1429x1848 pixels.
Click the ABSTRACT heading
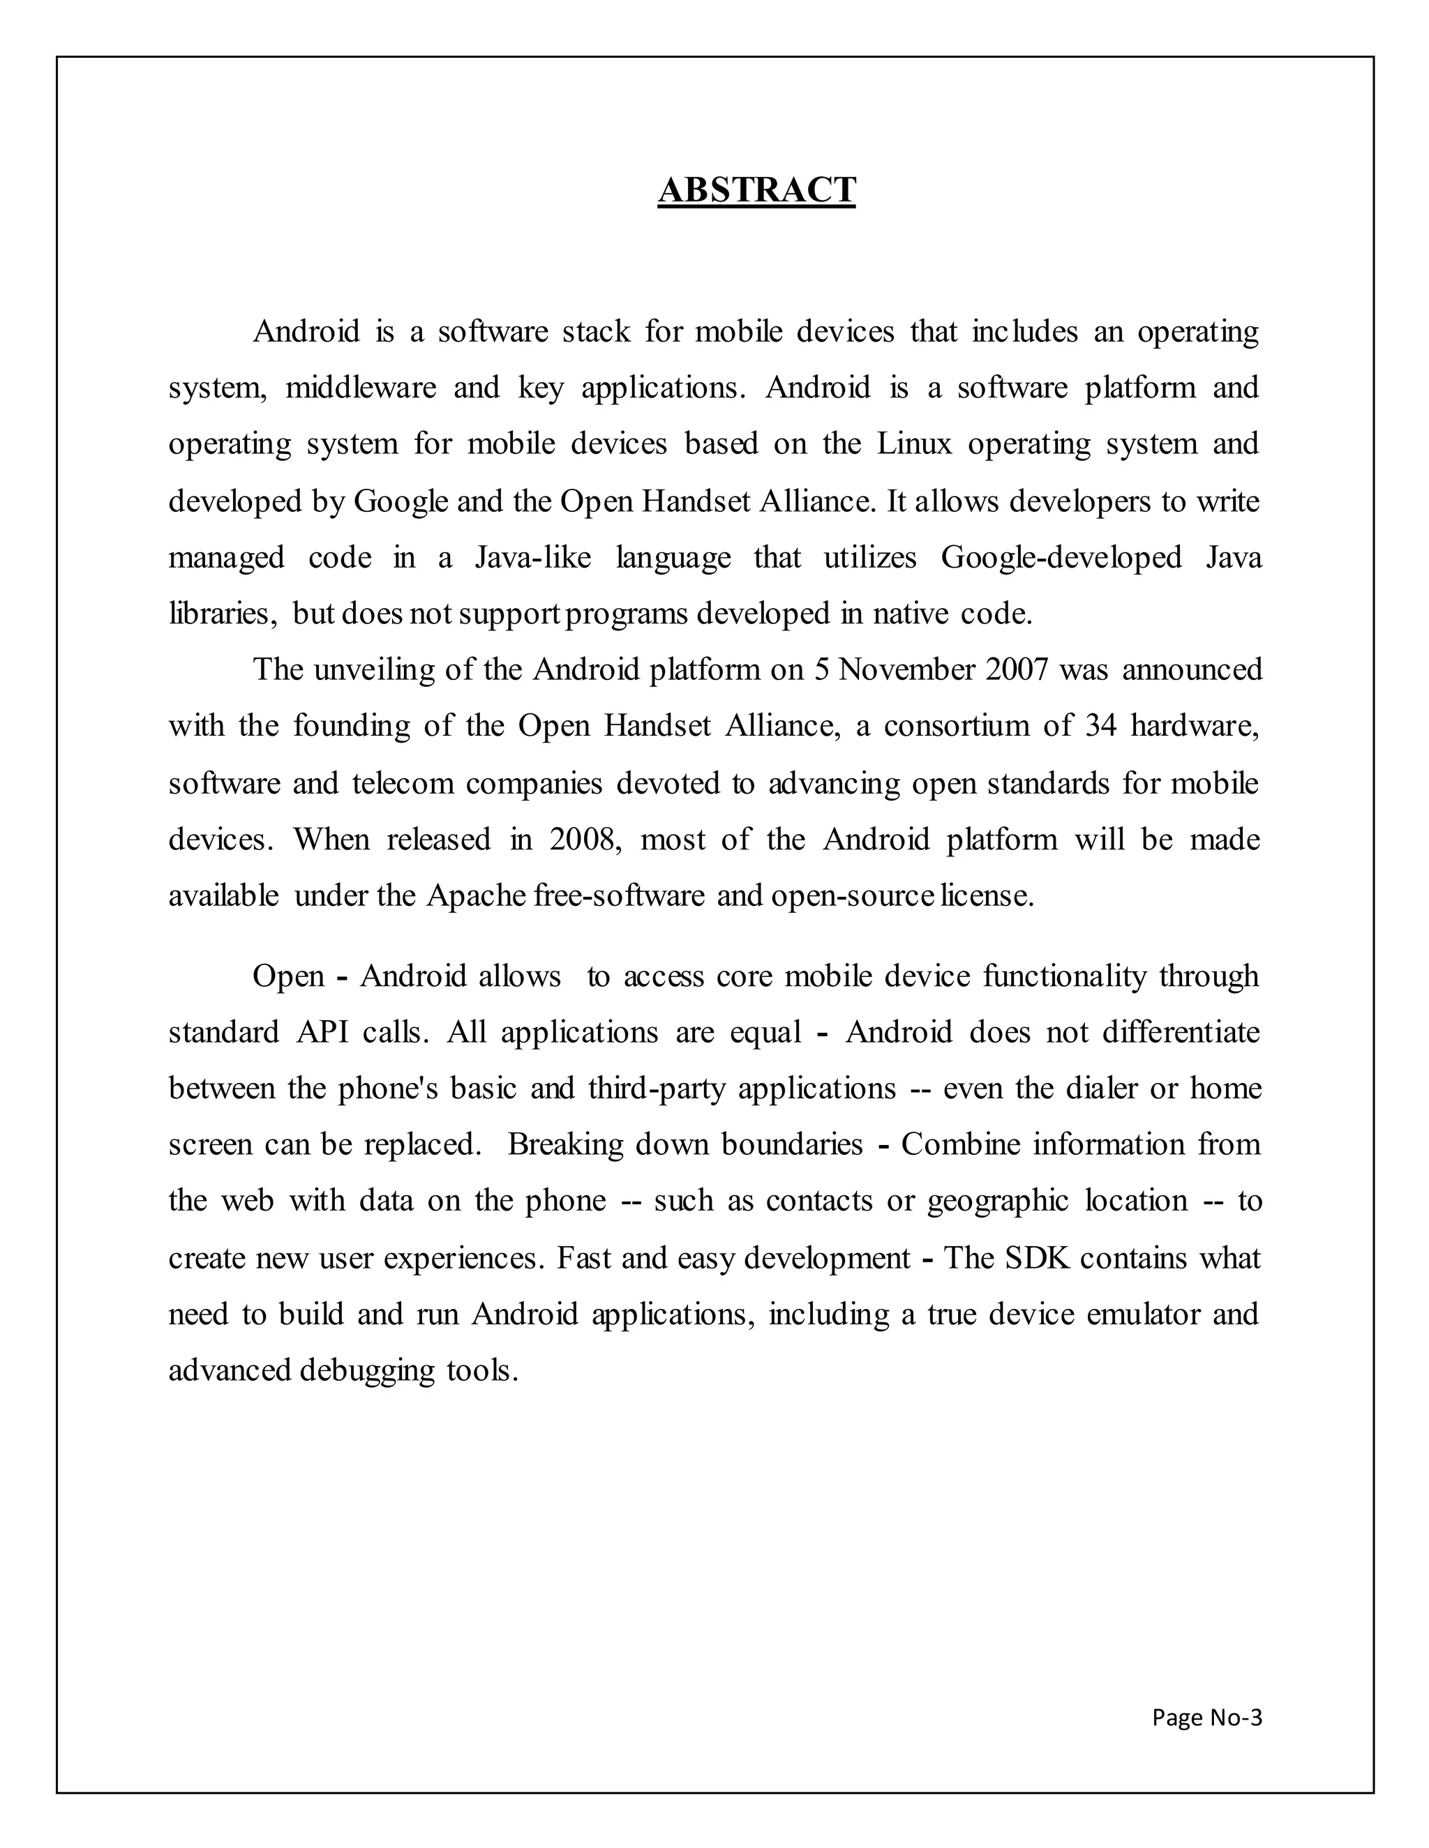pos(757,190)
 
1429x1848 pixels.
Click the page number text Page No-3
pos(1206,1717)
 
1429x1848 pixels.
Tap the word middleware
pos(361,388)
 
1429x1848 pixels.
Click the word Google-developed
pos(1061,558)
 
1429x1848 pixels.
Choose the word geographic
pos(998,1202)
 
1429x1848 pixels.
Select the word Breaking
pos(565,1145)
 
